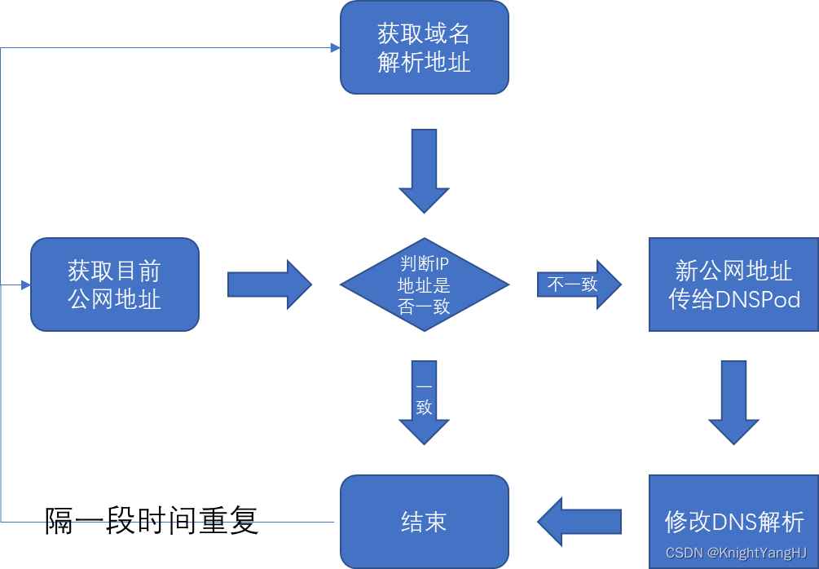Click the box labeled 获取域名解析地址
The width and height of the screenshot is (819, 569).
coord(424,47)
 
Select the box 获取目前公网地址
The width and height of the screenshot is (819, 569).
coord(115,284)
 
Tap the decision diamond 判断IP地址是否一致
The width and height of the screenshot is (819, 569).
coord(424,284)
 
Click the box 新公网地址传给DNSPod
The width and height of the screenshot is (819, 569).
coord(733,284)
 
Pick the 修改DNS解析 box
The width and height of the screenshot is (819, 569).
coord(733,522)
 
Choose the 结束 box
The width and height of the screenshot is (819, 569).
coord(424,522)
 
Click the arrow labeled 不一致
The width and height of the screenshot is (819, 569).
coord(579,284)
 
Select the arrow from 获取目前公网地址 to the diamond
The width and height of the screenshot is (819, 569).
coord(269,284)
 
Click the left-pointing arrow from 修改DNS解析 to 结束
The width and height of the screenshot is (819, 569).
coord(579,522)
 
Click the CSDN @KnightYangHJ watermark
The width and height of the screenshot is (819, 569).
coord(736,554)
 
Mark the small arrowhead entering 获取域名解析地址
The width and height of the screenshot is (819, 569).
coord(335,48)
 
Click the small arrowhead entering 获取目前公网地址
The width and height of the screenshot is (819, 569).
coord(26,285)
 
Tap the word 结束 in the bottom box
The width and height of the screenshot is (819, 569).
coord(424,522)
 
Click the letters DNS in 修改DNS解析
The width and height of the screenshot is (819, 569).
coord(734,522)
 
